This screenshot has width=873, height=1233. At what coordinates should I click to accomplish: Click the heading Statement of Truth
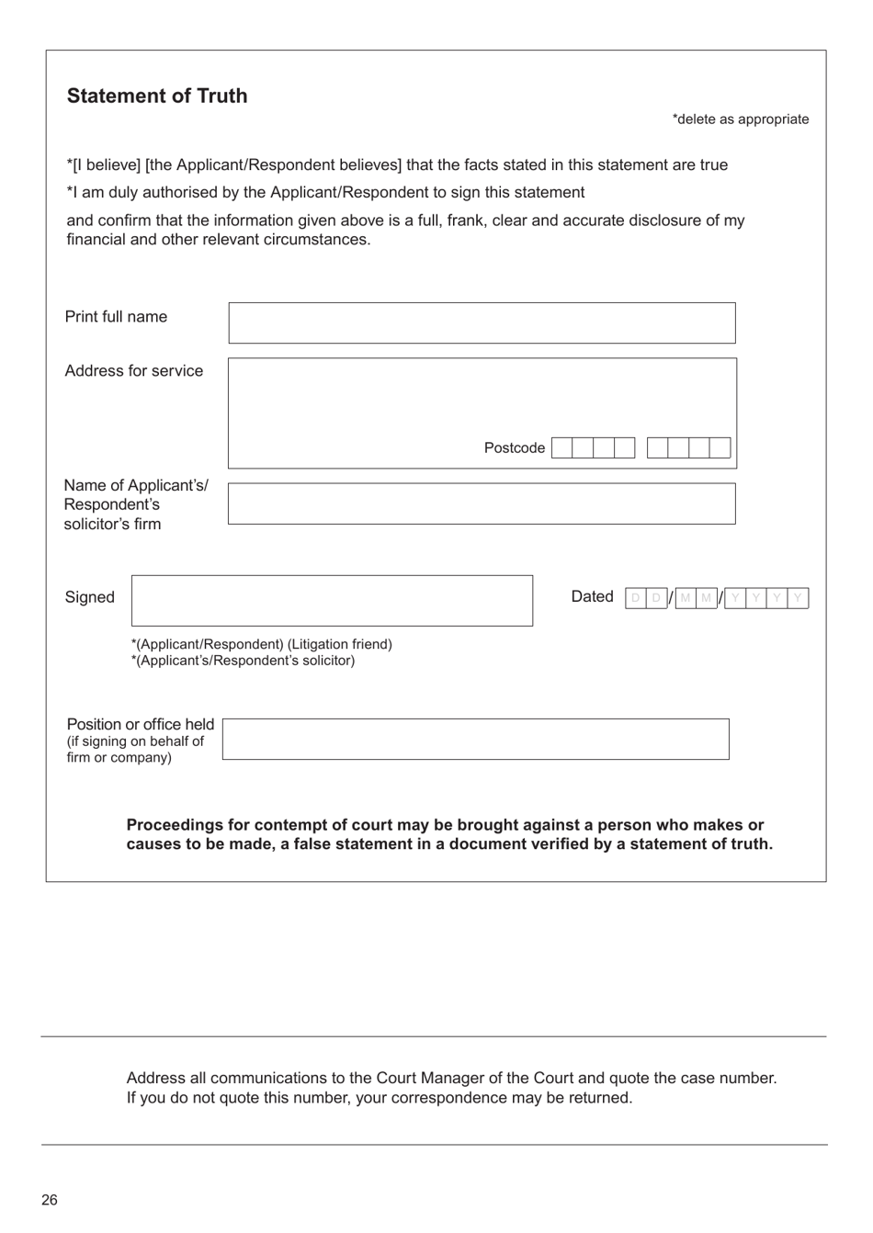click(x=157, y=96)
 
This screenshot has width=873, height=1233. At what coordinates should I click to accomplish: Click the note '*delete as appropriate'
click(x=740, y=119)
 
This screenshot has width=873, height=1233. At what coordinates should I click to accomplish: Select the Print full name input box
click(x=482, y=322)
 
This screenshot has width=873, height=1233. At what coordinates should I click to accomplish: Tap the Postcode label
click(x=514, y=448)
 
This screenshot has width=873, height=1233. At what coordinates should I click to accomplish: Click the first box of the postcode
click(x=562, y=448)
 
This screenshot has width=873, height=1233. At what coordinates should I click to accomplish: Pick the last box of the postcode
click(x=720, y=448)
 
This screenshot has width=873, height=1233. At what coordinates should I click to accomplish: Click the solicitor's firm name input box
click(x=482, y=503)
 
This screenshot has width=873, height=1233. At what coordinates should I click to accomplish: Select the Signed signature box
click(x=332, y=601)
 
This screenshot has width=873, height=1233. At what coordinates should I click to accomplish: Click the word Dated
click(x=592, y=597)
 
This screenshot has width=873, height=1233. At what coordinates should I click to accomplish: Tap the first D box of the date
click(x=635, y=598)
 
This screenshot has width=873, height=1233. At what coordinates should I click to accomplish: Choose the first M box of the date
click(x=686, y=598)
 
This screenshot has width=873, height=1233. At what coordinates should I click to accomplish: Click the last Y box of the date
click(x=798, y=598)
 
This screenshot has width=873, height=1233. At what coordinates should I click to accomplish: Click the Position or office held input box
click(x=475, y=739)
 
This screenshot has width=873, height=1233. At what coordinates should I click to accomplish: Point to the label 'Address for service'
click(x=134, y=371)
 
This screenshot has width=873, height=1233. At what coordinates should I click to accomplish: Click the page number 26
click(x=50, y=1200)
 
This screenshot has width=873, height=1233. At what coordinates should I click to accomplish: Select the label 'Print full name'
click(x=116, y=317)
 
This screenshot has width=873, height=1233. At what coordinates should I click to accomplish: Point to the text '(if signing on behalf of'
click(x=135, y=741)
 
